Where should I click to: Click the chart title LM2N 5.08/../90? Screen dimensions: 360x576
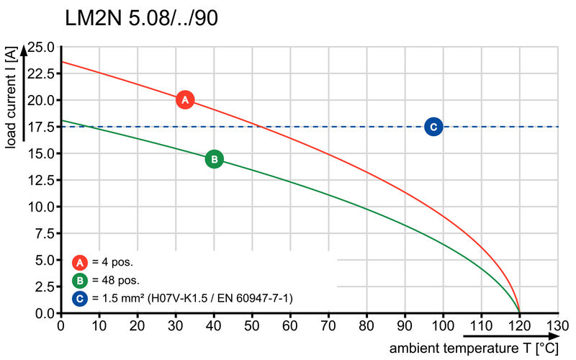(x=141, y=19)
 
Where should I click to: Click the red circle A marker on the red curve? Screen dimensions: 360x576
(x=184, y=99)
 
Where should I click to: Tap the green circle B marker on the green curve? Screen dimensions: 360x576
(x=214, y=159)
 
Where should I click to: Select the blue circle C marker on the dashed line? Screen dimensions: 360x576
(x=433, y=127)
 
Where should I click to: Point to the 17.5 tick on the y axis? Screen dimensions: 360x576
(x=41, y=127)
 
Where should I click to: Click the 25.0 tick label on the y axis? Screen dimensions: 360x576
(x=41, y=47)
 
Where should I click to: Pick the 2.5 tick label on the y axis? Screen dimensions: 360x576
(x=45, y=287)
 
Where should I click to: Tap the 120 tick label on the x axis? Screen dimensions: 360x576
(x=519, y=325)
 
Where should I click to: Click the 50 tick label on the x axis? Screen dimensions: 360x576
(x=252, y=325)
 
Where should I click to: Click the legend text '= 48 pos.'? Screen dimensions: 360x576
(x=115, y=280)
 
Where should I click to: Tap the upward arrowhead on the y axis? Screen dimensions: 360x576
(x=24, y=50)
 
